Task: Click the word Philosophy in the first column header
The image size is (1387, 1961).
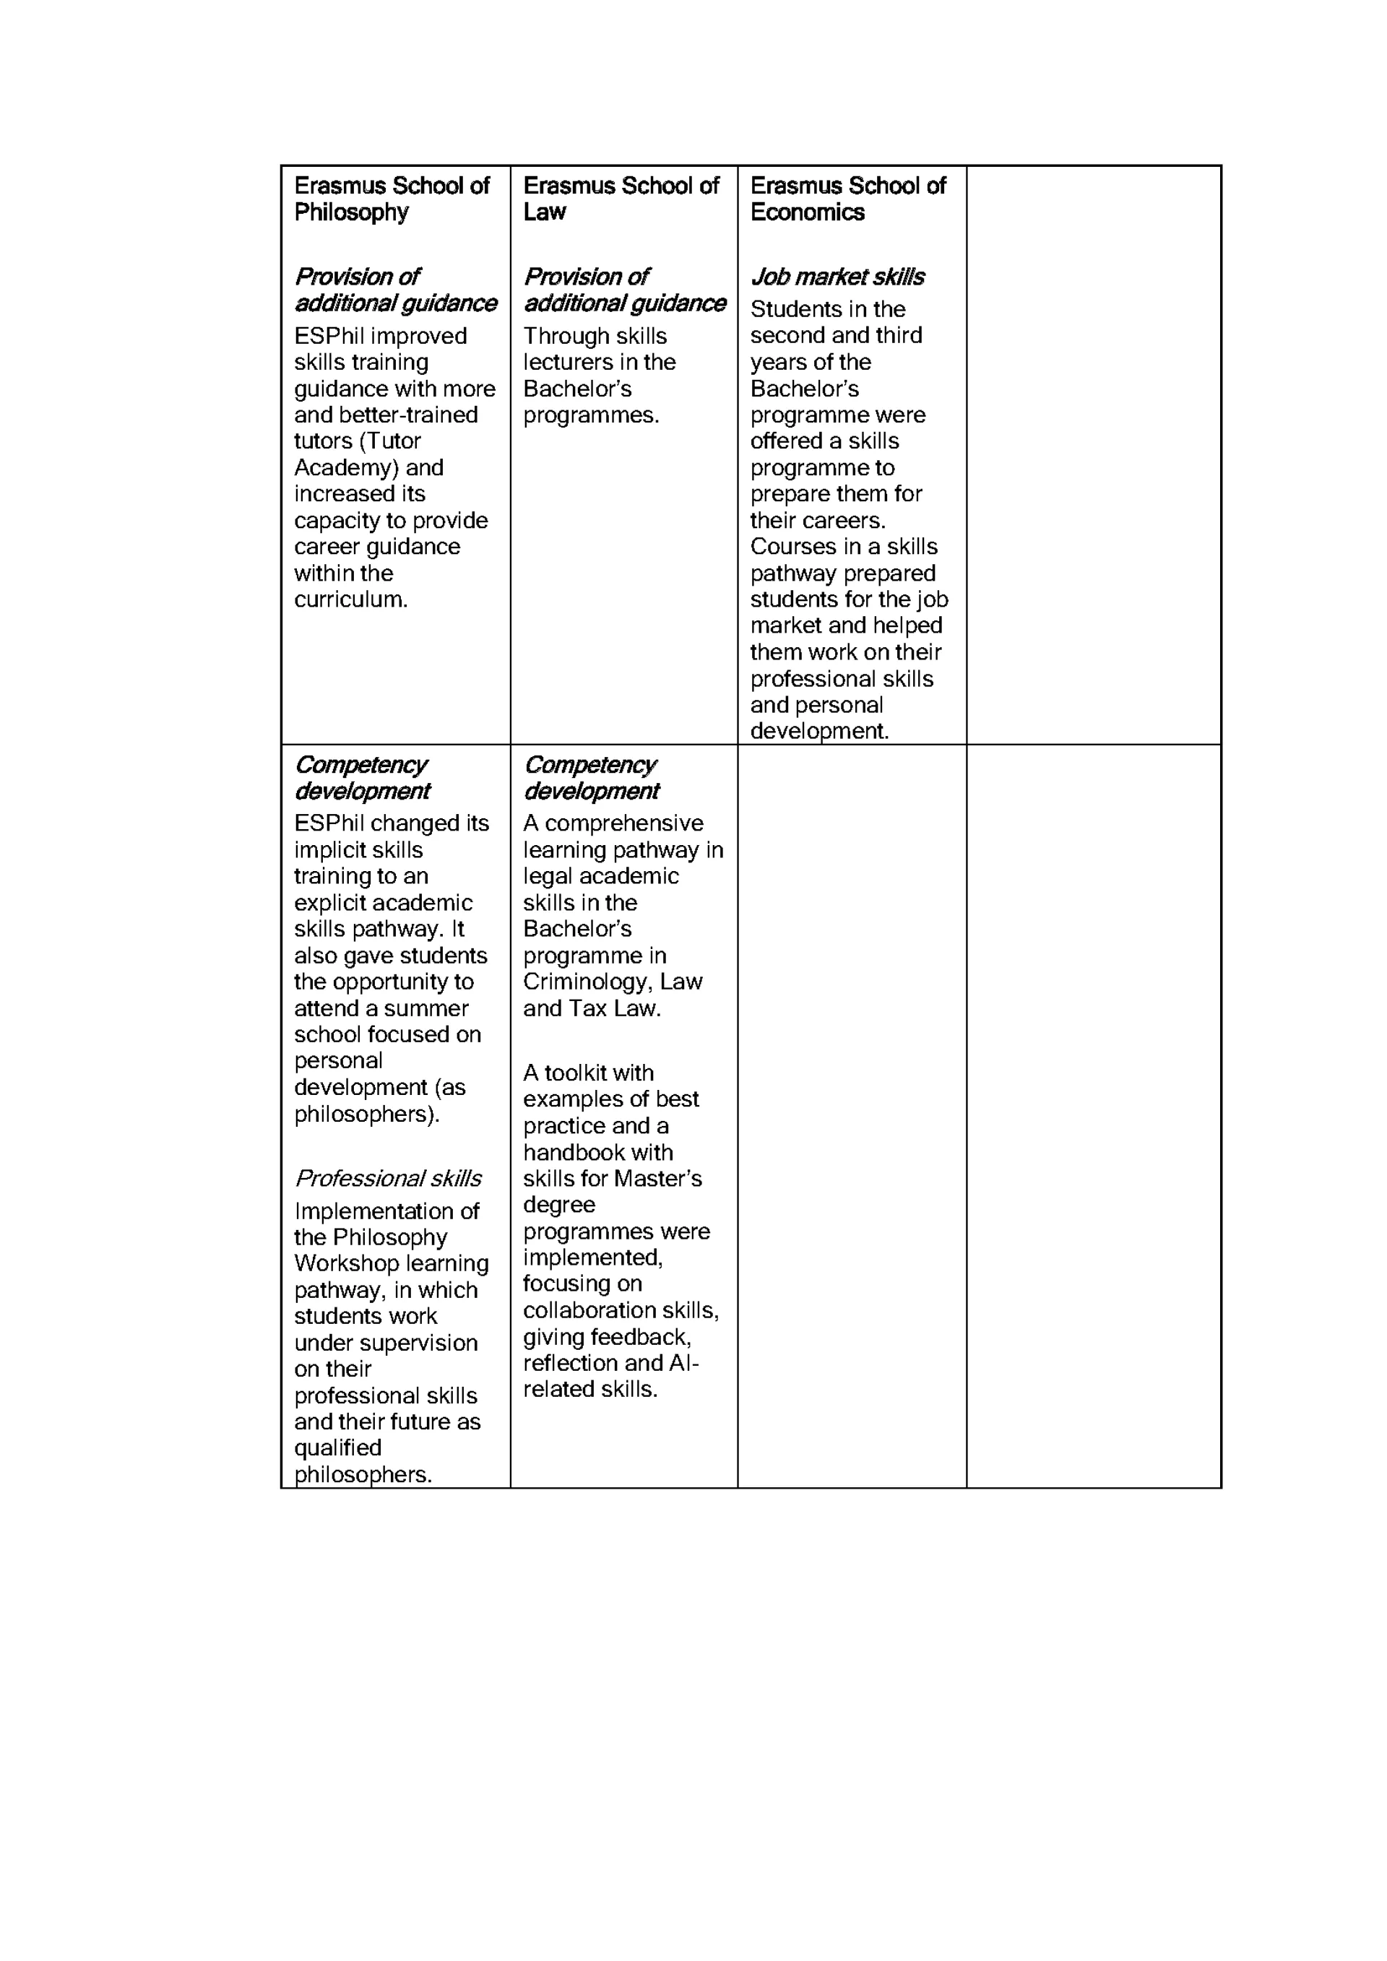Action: (x=351, y=212)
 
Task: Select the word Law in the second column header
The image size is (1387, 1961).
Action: (x=544, y=212)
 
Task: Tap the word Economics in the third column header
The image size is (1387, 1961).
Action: (x=807, y=212)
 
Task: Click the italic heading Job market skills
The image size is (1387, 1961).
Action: (x=837, y=277)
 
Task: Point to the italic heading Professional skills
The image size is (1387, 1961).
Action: (x=388, y=1179)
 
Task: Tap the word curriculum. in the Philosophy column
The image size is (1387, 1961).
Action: (x=351, y=599)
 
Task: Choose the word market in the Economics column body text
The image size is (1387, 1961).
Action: (x=786, y=626)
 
